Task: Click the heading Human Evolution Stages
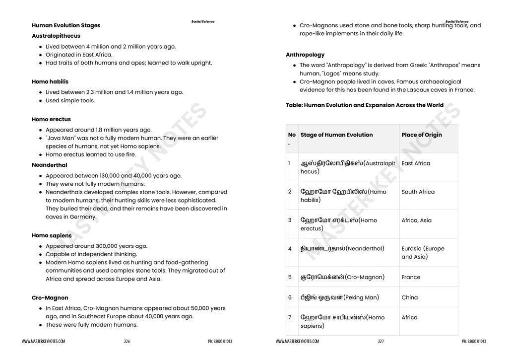66,25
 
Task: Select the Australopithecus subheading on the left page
56,36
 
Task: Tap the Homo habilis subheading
50,81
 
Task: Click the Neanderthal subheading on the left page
49,165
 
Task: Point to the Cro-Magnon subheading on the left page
50,298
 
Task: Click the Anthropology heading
305,55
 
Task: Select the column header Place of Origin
422,135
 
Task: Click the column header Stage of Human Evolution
336,135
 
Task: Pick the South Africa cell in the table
418,192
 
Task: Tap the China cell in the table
409,297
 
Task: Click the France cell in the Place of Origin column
411,277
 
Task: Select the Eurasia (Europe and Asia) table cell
423,252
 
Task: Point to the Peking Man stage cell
339,297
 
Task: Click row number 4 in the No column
290,248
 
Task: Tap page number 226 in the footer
127,342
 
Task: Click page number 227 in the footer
381,342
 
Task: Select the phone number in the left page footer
220,342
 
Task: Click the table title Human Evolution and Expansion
365,105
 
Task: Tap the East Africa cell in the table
416,163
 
